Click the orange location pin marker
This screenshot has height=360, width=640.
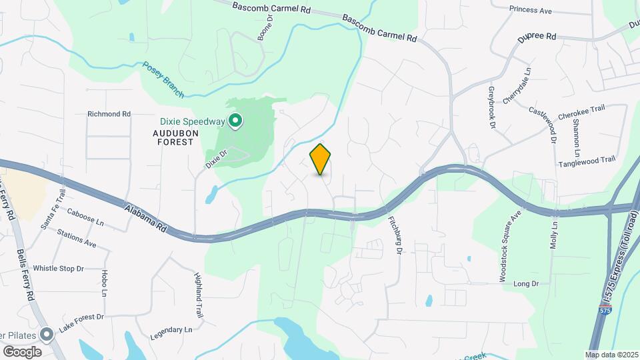[x=321, y=159]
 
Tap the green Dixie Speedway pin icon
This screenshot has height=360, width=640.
[x=235, y=121]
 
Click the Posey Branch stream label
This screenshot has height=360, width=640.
[x=163, y=79]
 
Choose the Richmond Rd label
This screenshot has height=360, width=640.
[x=109, y=114]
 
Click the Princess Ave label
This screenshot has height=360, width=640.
[x=531, y=11]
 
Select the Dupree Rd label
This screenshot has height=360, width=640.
[x=537, y=37]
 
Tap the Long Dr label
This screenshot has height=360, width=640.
[x=526, y=284]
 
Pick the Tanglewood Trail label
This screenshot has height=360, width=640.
[x=587, y=160]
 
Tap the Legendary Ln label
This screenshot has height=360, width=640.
[x=169, y=330]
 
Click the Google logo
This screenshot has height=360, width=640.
[x=22, y=351]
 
